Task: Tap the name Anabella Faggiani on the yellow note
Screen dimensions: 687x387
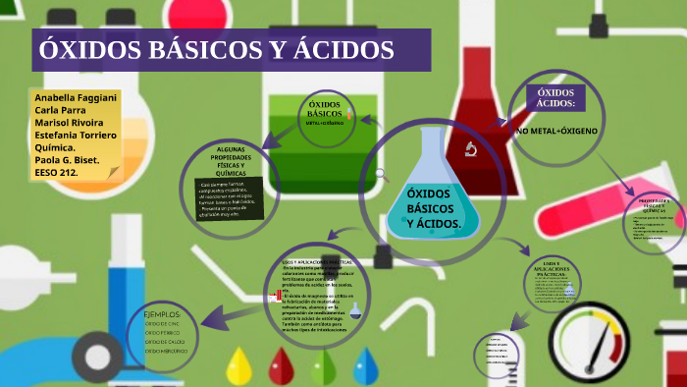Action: [75, 100]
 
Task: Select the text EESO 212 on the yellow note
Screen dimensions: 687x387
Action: [56, 171]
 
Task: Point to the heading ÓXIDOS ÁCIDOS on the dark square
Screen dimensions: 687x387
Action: [555, 98]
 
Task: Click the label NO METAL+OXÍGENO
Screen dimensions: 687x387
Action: [555, 131]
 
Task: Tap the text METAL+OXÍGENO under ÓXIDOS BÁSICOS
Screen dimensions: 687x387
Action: [325, 124]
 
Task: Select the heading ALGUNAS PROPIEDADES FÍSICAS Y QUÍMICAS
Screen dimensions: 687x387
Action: [223, 159]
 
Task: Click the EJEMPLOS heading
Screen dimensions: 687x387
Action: [169, 314]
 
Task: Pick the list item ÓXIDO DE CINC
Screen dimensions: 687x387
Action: [163, 324]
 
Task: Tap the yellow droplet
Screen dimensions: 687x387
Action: [238, 365]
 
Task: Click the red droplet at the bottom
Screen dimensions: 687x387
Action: [281, 365]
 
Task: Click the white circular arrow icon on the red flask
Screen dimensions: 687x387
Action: [470, 149]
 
